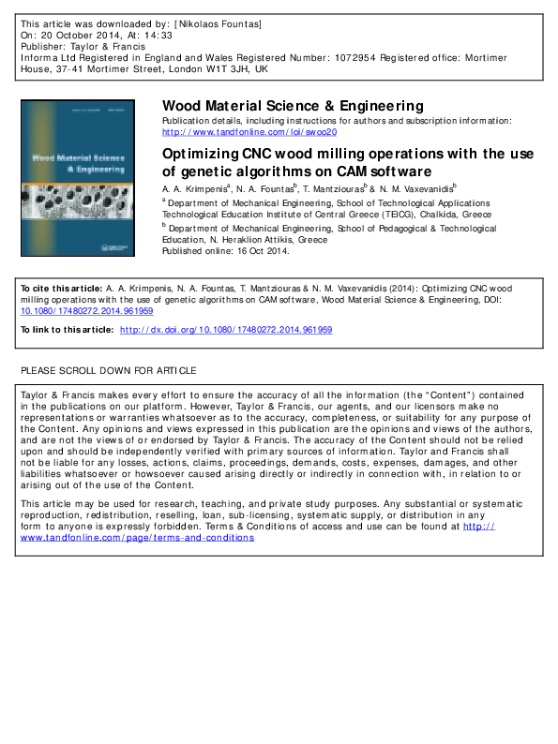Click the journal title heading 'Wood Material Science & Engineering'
293,106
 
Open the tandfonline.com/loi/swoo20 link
249,132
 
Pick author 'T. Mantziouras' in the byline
331,188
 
